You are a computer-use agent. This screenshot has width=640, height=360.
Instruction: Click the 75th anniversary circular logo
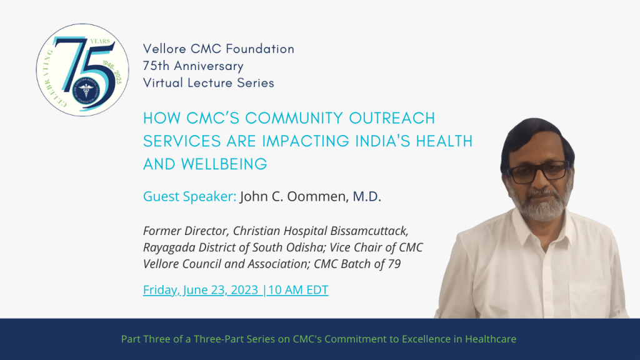[82, 70]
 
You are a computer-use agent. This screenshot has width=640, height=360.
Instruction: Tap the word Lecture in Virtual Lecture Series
[210, 83]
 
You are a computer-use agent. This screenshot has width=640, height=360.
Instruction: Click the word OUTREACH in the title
[392, 118]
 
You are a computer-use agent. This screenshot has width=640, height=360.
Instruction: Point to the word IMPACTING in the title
[306, 141]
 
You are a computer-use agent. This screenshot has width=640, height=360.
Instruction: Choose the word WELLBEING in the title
[224, 164]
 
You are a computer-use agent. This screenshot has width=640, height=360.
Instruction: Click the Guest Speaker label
[190, 197]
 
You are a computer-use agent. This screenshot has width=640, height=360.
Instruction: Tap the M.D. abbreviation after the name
[367, 196]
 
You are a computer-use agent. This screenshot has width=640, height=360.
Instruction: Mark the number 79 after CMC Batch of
[394, 264]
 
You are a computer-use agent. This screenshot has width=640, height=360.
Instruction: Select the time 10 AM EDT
[298, 290]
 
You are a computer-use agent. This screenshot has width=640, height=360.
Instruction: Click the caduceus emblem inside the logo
[86, 89]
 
